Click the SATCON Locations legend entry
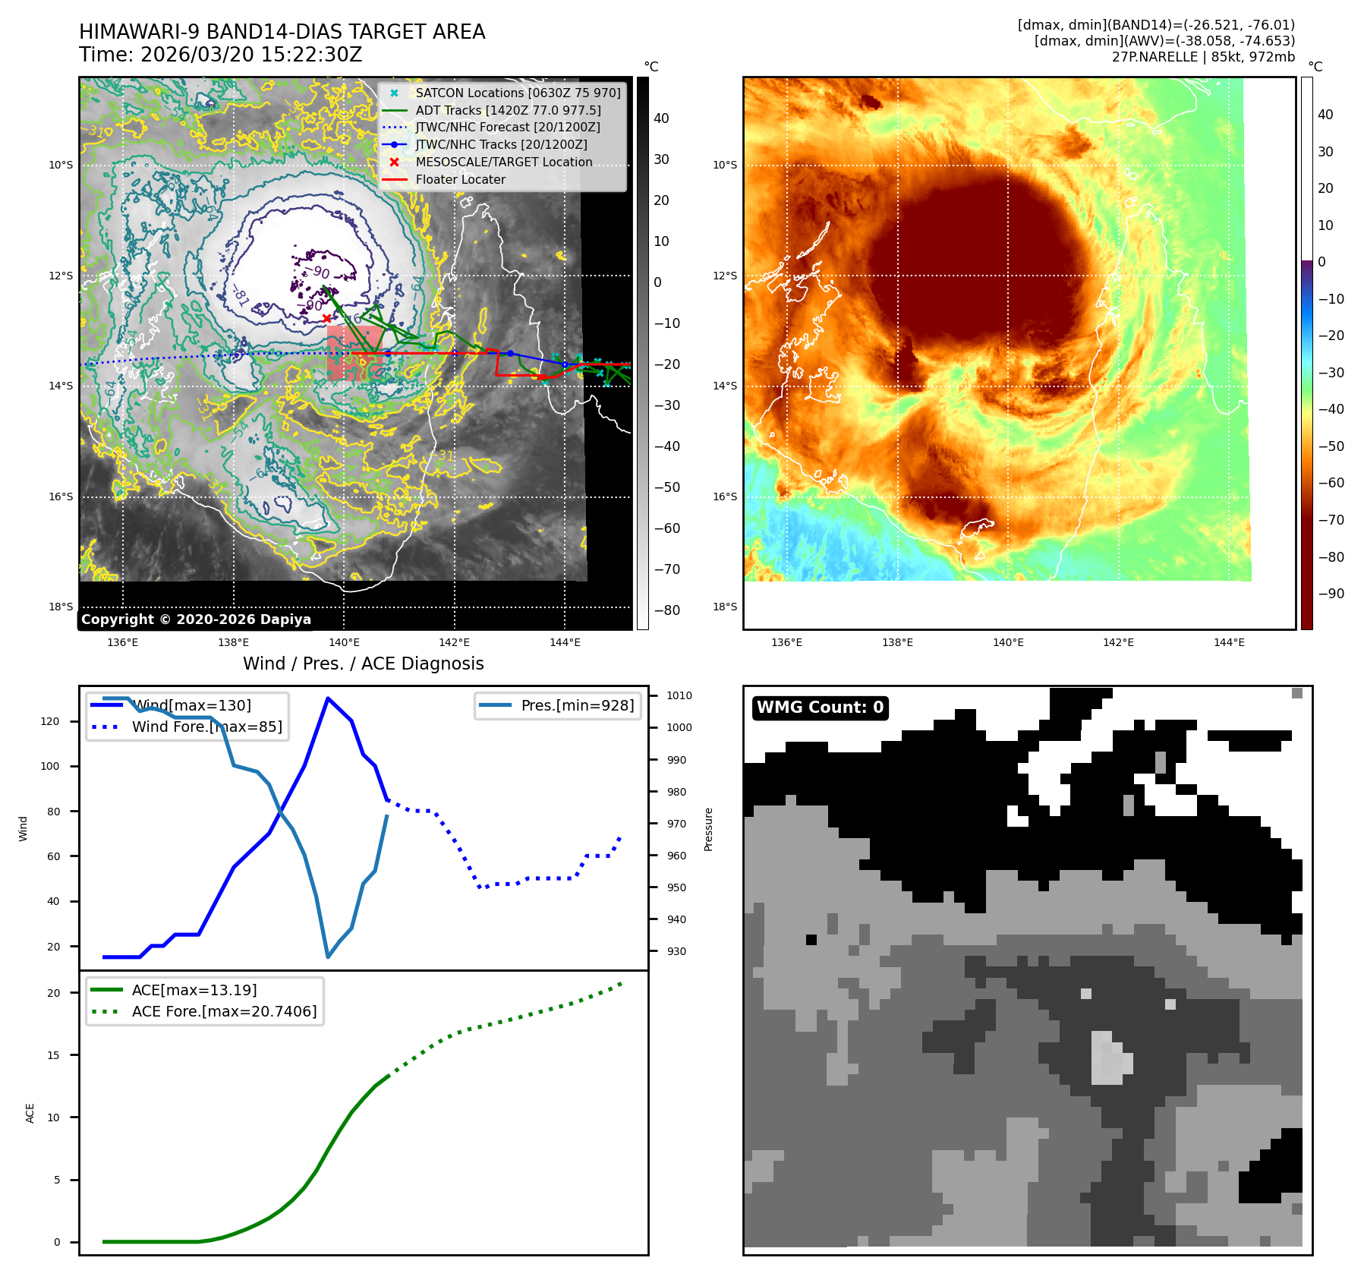(517, 93)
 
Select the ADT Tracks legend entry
(507, 110)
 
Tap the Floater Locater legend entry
(460, 179)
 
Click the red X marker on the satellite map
(326, 318)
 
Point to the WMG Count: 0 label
(820, 708)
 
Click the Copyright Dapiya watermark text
(196, 619)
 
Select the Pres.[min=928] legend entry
(577, 705)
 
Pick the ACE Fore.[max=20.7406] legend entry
(224, 1011)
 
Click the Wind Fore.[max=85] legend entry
(206, 727)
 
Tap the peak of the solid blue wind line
(327, 698)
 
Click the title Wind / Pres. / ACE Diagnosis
(363, 664)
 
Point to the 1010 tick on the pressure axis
(679, 695)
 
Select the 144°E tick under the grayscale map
(565, 642)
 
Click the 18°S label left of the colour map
(724, 607)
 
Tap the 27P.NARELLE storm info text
(1203, 57)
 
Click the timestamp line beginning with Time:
(221, 55)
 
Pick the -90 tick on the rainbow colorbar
(1331, 594)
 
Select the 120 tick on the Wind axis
(50, 721)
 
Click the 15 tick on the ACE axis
(53, 1055)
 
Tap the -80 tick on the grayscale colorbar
(667, 610)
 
